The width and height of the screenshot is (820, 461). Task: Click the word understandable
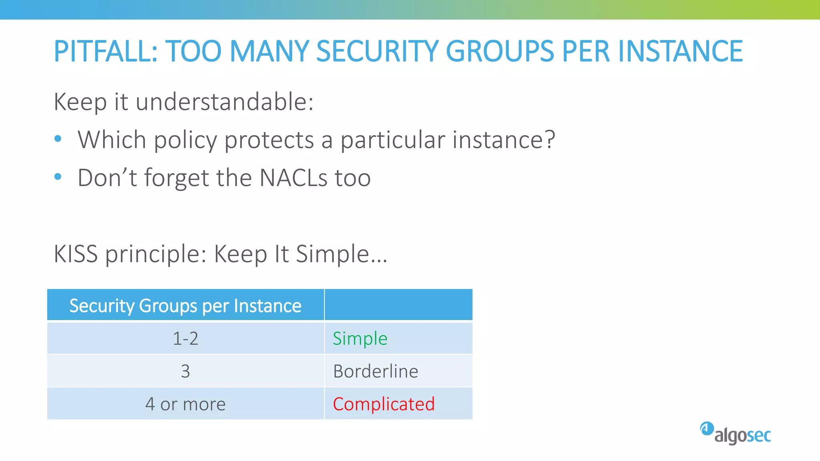[224, 102]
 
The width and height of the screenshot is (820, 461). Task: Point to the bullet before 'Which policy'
[58, 139]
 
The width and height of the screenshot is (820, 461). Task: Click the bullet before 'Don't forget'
[58, 176]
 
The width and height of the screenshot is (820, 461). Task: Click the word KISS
[76, 254]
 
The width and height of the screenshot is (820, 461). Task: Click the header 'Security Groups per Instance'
[185, 306]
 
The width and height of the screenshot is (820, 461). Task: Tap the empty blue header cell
[398, 305]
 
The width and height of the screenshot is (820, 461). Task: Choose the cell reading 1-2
[185, 339]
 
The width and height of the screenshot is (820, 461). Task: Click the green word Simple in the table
[360, 339]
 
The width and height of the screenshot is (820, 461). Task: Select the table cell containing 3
[185, 371]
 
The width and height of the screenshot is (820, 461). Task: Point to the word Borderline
[376, 371]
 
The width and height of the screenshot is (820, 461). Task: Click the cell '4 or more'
[185, 404]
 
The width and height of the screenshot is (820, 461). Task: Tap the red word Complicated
[384, 404]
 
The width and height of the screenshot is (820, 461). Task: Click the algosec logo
[736, 433]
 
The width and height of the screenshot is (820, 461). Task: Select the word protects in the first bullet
[269, 140]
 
